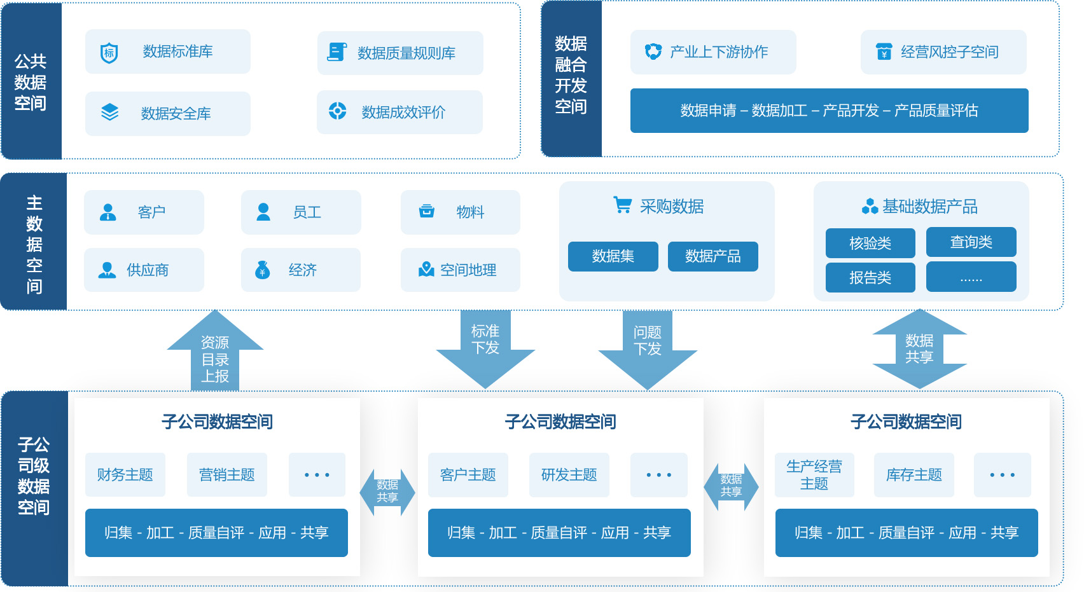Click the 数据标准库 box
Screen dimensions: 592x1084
click(167, 52)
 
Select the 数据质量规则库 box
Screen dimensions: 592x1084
click(400, 53)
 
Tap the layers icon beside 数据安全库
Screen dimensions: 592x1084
click(110, 113)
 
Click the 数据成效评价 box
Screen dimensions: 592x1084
click(400, 113)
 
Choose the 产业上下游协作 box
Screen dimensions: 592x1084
click(712, 52)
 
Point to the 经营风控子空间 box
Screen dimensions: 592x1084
click(943, 52)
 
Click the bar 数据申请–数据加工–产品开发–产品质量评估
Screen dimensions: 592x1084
click(829, 111)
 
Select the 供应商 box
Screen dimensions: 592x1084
click(144, 270)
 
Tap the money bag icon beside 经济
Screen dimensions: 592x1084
click(262, 270)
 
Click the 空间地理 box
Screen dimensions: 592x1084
click(460, 270)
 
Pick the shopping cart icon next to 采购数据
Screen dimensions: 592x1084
click(622, 205)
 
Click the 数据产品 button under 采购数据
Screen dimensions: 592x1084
click(712, 256)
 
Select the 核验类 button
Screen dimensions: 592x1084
click(870, 243)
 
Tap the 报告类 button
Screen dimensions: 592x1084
click(870, 278)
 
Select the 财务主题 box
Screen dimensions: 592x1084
click(125, 474)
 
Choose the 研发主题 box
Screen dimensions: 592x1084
click(569, 474)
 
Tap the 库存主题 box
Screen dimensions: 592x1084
click(914, 474)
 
